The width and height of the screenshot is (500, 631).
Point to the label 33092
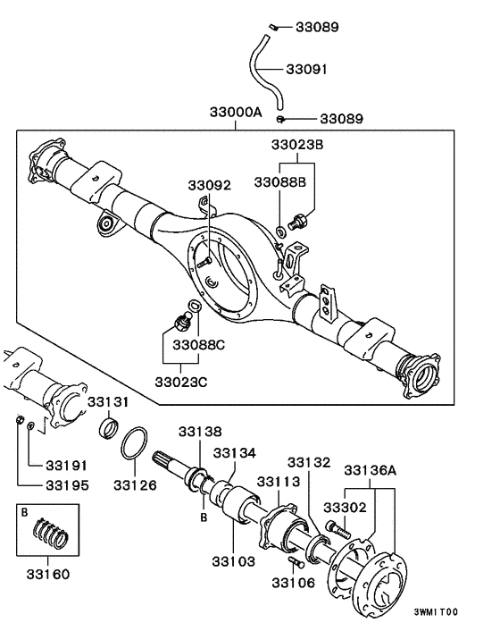[x=209, y=186]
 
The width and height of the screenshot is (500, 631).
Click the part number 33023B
[x=296, y=143]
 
